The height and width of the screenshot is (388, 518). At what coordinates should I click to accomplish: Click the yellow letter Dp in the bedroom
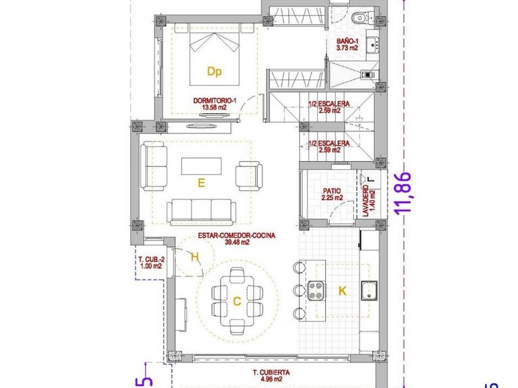coord(214,71)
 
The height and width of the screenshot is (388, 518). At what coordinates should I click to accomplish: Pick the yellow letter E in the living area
coord(201,181)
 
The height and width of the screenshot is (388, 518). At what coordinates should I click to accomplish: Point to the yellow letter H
coord(195,256)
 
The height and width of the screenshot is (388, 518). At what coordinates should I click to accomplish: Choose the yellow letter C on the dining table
coord(237,302)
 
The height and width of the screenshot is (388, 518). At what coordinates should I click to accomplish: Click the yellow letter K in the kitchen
coord(342,291)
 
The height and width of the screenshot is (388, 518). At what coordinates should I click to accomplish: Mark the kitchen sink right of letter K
coord(368,291)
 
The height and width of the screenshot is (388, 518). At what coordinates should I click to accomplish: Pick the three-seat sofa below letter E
coord(200,212)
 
